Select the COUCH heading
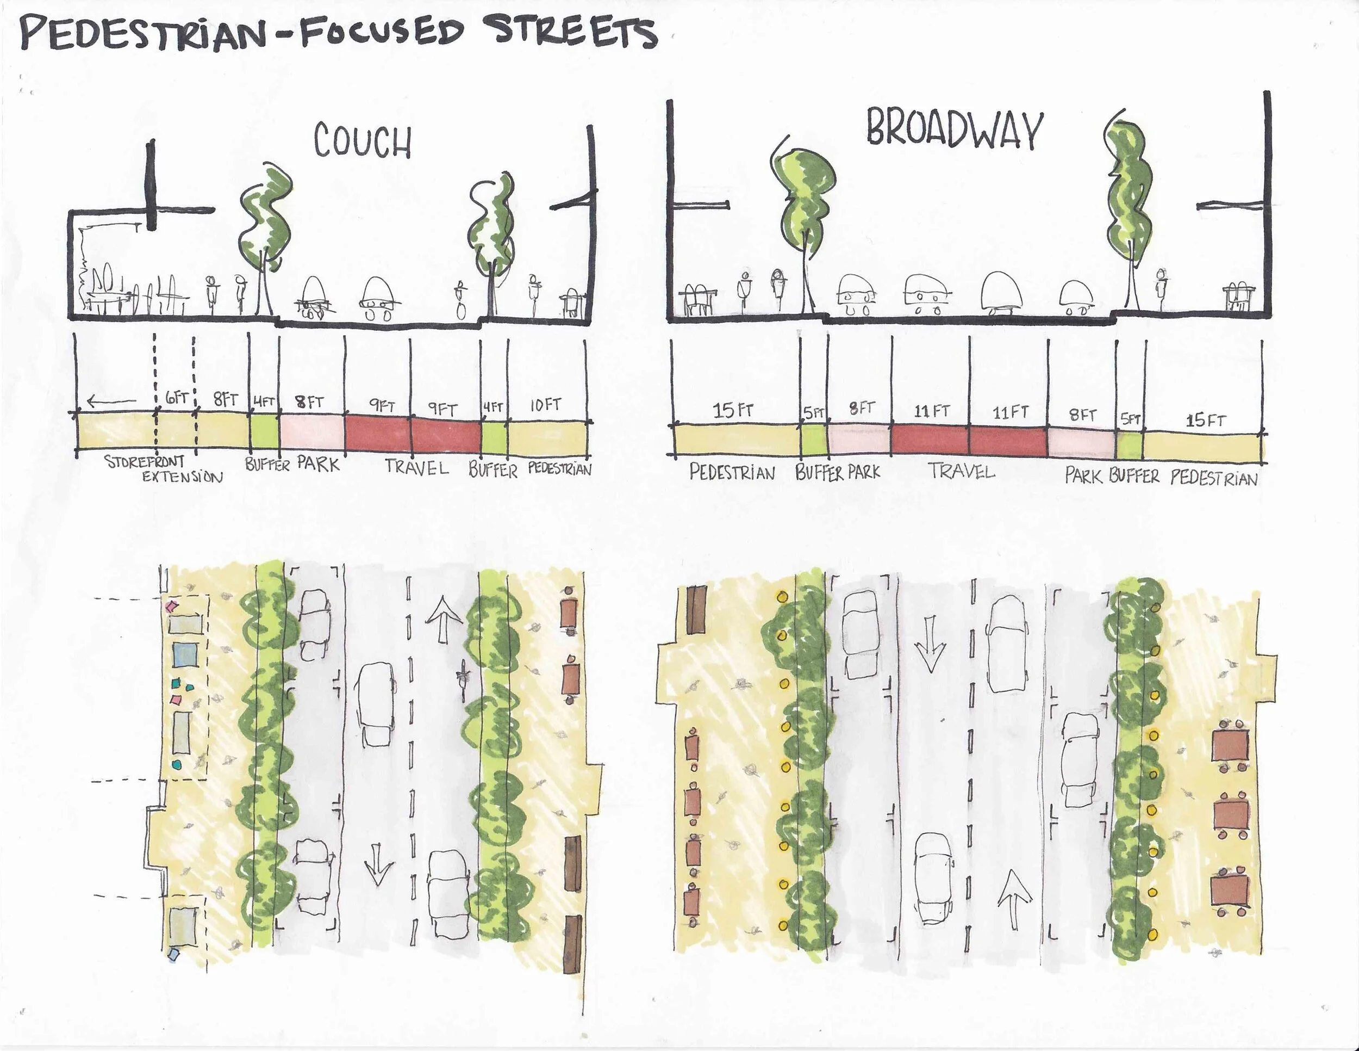coord(362,141)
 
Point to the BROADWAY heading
coord(954,131)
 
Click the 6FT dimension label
coord(177,399)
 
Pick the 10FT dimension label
coord(546,405)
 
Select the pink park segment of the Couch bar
coord(311,431)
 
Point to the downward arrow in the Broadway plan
coord(930,643)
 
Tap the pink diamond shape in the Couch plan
coord(171,605)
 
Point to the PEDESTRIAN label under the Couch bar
coord(559,469)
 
